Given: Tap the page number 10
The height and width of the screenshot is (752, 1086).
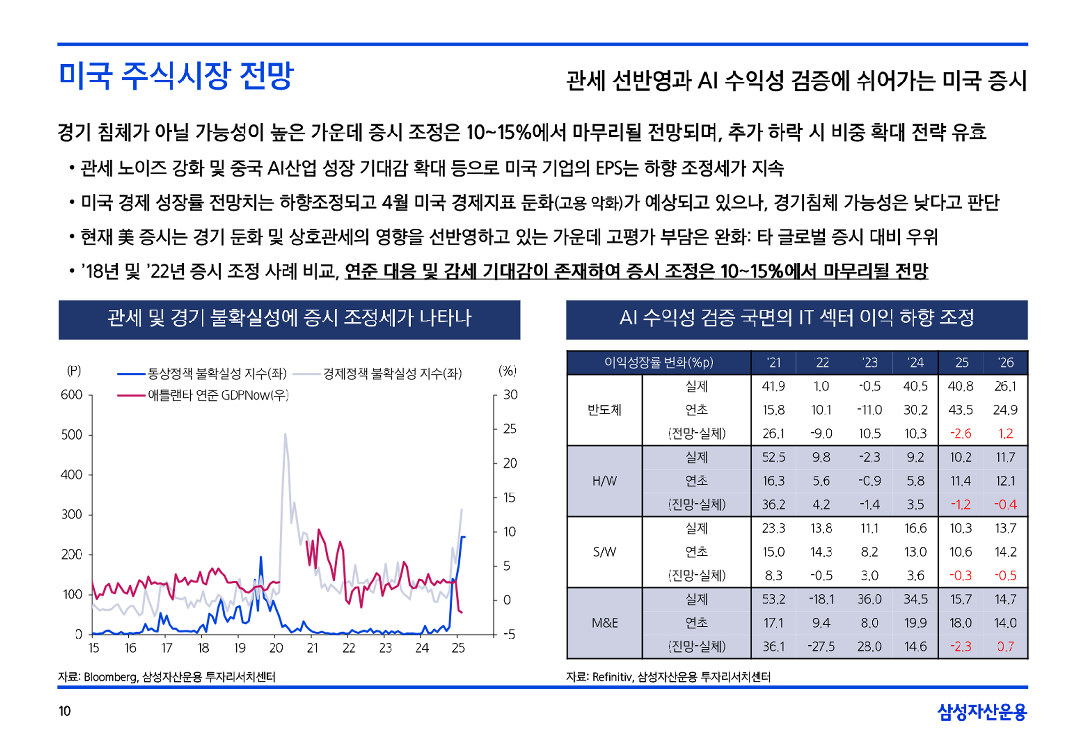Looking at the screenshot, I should pos(64,711).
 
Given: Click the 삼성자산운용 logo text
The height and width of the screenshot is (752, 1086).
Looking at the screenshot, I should pos(982,712).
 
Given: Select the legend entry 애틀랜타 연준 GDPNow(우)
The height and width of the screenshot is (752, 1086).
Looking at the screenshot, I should pos(218,395).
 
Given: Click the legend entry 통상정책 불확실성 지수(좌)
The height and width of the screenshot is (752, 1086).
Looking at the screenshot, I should pos(217,374).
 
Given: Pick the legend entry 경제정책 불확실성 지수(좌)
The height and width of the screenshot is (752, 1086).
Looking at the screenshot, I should pos(392,374).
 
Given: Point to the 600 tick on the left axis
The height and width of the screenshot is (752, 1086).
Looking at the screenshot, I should pos(72,395).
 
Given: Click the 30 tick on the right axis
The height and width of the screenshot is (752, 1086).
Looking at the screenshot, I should pos(510,395).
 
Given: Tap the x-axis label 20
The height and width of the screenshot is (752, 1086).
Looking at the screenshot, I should pos(276,648).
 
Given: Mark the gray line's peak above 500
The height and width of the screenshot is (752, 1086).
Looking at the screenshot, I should pos(285,434).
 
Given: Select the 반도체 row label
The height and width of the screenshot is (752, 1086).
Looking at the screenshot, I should pos(604,410).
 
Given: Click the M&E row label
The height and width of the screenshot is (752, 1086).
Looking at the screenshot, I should pos(604,623).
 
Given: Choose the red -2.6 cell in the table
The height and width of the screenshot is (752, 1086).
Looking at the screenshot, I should pos(960,434).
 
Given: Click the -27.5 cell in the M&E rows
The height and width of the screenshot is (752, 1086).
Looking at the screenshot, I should pos(821,647).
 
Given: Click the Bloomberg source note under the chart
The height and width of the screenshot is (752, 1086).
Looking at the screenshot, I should pos(167,677).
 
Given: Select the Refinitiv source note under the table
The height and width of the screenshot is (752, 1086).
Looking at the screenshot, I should pos(668,677).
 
